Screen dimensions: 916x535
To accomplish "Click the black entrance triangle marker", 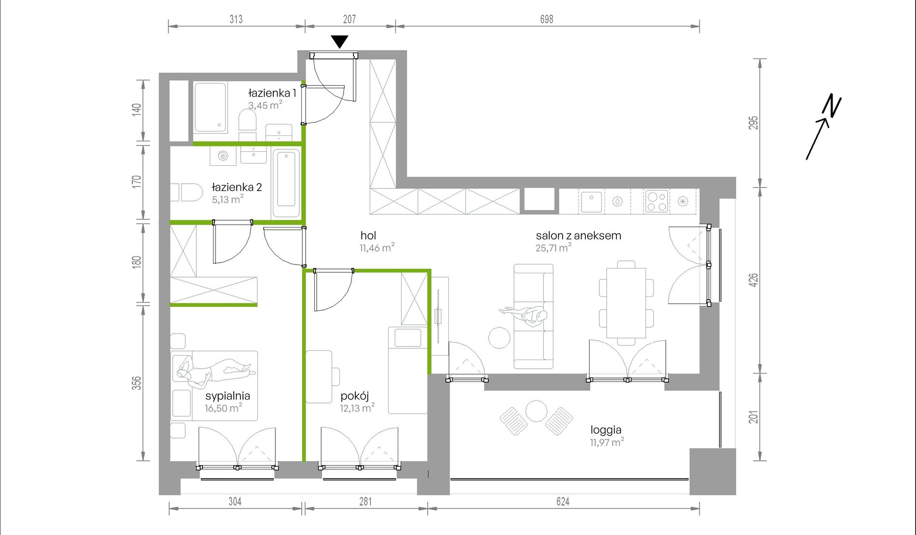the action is point(340,41).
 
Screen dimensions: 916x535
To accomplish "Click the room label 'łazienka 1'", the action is point(272,93).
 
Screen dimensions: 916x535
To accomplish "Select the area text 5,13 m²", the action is point(228,199).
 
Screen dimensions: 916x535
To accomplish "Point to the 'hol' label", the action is point(368,235).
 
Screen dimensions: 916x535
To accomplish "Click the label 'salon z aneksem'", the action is point(579,236).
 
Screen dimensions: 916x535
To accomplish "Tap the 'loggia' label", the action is point(606,430).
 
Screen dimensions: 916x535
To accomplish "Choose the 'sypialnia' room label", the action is point(228,396).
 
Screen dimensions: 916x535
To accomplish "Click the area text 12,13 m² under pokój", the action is point(357,408).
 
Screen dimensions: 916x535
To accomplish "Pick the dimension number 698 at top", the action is point(547,19).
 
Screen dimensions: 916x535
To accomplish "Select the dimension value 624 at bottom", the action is point(563,502).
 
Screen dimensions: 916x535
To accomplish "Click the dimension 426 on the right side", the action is point(754,280).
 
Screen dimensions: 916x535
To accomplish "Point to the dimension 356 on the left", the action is point(137,383).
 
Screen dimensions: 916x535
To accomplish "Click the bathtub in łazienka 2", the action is point(286,184).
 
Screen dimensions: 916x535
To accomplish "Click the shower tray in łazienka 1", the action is point(210,107).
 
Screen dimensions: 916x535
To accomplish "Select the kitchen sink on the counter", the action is point(591,202).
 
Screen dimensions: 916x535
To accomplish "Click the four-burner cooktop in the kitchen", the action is point(657,201).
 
